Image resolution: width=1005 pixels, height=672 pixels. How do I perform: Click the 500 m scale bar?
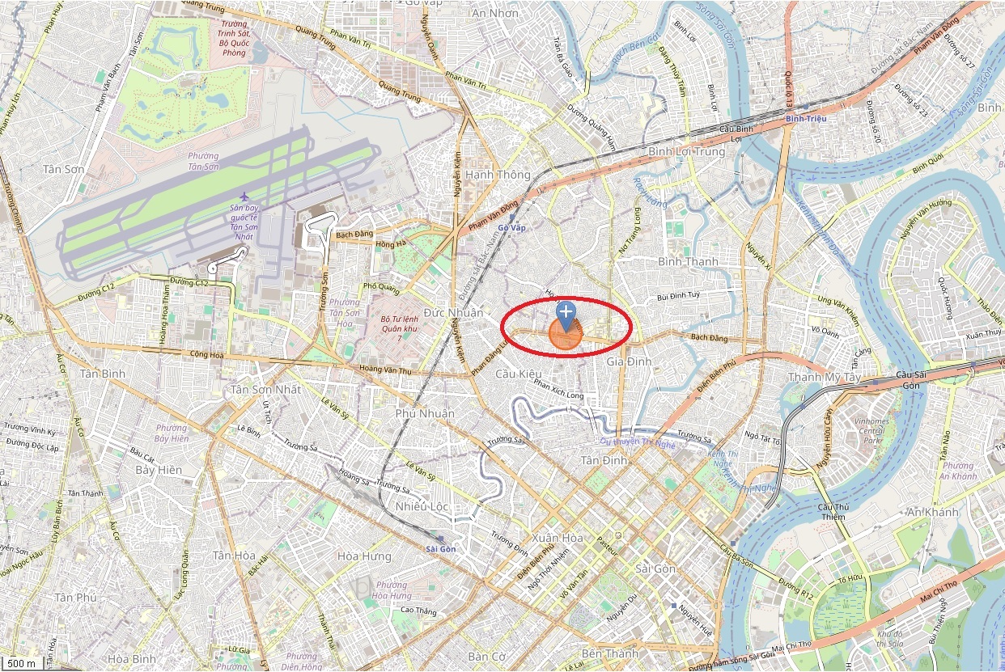(21, 664)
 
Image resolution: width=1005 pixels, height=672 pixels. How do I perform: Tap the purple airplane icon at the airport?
(244, 197)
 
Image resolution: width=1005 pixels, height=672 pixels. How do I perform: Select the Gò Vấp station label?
(511, 227)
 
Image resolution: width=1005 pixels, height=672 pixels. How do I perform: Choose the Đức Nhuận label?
(453, 313)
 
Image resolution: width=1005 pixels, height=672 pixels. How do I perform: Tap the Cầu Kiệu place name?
(518, 374)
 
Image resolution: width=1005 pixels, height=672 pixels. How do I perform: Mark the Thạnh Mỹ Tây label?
(825, 377)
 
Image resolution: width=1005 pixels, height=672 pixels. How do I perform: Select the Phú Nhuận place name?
(425, 413)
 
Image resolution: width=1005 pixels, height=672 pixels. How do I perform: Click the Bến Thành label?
(609, 653)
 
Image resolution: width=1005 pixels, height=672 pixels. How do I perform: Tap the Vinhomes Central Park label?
(871, 431)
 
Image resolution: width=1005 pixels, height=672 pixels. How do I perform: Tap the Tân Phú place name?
(75, 597)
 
